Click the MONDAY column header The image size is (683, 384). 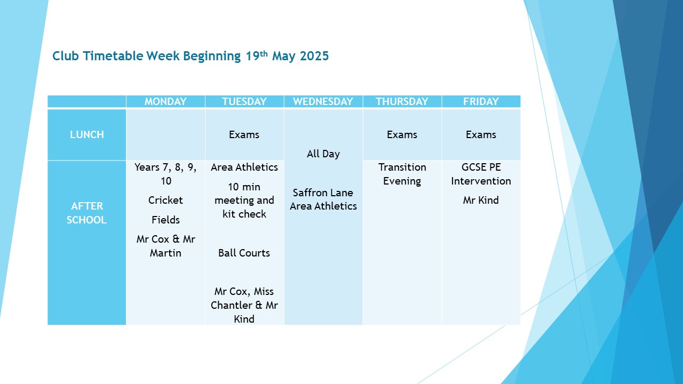[165, 101]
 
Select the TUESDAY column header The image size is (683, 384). [244, 101]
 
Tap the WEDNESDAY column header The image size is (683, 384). [323, 101]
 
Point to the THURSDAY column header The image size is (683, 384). [402, 101]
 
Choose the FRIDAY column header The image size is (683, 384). [481, 101]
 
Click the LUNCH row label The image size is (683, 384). [87, 135]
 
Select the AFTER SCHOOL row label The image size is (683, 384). [87, 213]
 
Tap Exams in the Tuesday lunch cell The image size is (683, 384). [244, 135]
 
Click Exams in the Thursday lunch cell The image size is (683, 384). [402, 135]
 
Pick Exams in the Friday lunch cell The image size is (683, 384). [481, 135]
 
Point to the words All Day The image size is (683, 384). [323, 154]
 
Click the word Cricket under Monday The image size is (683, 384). [165, 200]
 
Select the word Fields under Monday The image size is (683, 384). [165, 220]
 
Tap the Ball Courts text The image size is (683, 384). [244, 253]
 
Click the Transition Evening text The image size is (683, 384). [402, 174]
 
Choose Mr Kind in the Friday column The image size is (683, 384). [481, 200]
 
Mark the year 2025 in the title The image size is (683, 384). [314, 56]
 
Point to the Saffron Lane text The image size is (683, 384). [323, 193]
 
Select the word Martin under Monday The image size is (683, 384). [165, 253]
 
